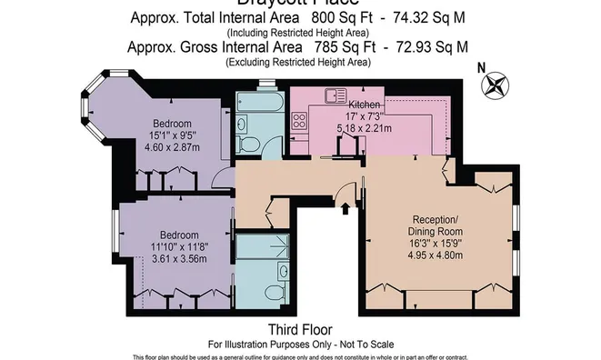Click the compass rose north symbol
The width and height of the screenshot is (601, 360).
pos(496,87)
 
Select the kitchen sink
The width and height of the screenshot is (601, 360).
pos(331,94)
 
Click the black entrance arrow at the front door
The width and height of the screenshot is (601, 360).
pos(346,207)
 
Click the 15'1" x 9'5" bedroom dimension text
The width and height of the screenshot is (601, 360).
pos(172,136)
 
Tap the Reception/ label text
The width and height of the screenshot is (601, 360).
pos(441,220)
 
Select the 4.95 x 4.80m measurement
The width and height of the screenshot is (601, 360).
pos(441,255)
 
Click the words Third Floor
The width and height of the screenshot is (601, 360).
pos(299,329)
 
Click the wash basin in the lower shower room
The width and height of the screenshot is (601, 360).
pos(284,270)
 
